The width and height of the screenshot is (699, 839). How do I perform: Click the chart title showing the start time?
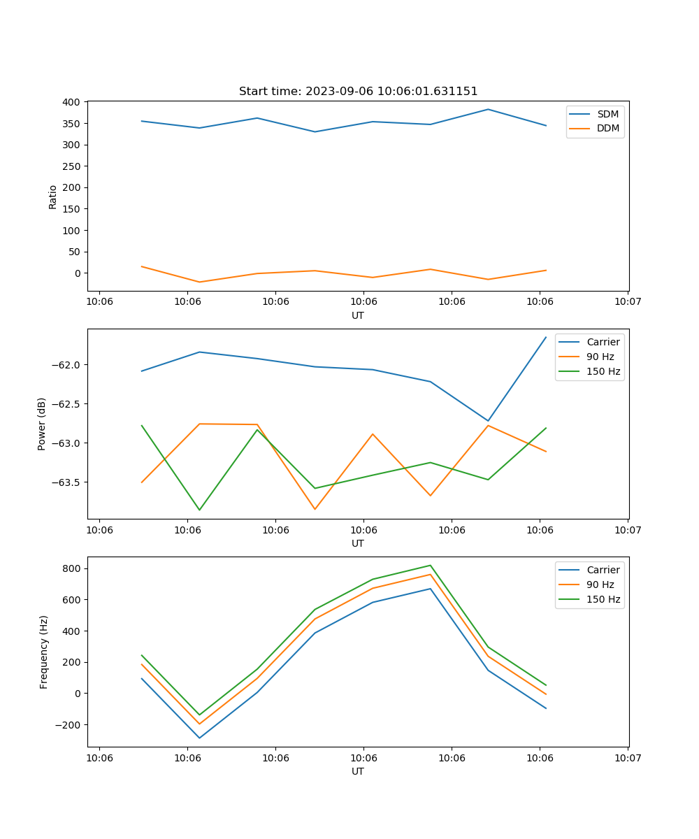(358, 92)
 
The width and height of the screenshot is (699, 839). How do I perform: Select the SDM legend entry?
(607, 114)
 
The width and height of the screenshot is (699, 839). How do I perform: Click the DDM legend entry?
(607, 128)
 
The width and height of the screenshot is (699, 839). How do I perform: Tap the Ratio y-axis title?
(53, 196)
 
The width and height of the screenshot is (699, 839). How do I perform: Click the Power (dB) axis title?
(42, 424)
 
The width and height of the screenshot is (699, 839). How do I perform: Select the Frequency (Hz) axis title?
(44, 652)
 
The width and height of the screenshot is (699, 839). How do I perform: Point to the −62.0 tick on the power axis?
(67, 365)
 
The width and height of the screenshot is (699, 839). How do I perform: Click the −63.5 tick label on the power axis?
(67, 482)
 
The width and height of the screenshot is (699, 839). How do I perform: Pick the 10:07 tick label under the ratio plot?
(628, 302)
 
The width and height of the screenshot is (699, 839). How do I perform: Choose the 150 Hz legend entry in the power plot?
(603, 371)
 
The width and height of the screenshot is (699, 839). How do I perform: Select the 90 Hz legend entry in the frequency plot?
(600, 585)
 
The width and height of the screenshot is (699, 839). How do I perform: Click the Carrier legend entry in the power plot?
(603, 342)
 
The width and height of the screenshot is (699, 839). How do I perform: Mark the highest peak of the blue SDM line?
(488, 109)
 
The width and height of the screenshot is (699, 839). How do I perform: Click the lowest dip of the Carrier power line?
(488, 421)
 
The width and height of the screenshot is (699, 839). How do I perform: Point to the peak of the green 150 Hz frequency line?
(431, 565)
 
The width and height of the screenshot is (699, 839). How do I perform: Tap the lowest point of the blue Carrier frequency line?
(199, 738)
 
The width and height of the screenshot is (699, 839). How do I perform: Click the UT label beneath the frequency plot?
(358, 771)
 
